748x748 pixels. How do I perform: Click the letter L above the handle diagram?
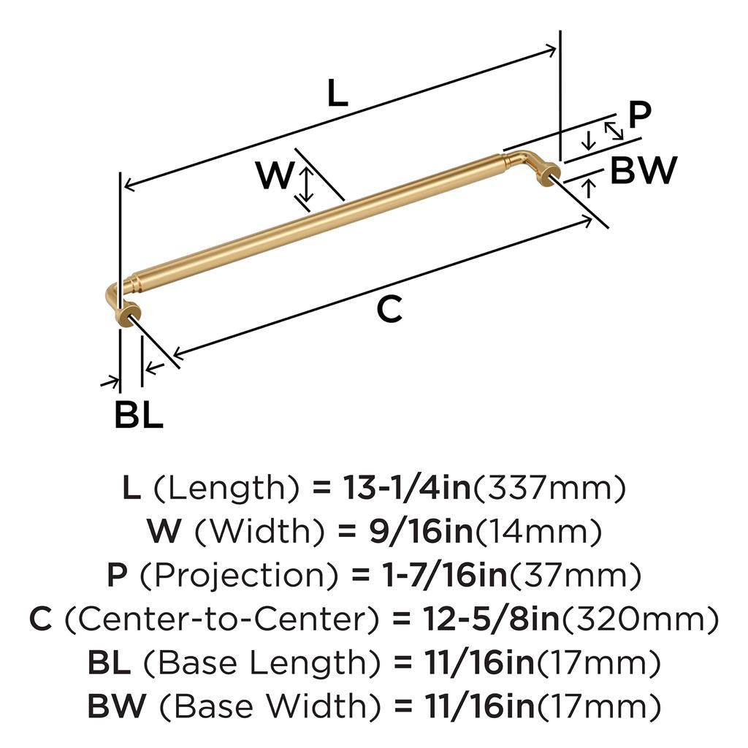[x=337, y=93]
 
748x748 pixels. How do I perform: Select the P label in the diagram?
[x=639, y=115]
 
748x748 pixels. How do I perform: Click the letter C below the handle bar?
[x=389, y=309]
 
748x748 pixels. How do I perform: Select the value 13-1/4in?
[x=406, y=487]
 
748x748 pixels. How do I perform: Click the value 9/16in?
[x=421, y=532]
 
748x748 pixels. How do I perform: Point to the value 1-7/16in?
[x=446, y=575]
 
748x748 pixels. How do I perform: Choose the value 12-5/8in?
[x=491, y=619]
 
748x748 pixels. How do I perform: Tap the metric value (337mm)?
[x=548, y=489]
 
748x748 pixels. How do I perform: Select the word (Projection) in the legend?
[x=239, y=576]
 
